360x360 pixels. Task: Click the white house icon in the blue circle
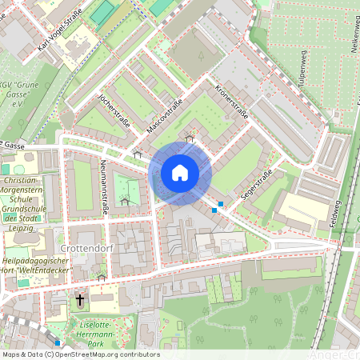pyautogui.click(x=179, y=172)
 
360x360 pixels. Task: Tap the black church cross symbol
pyautogui.click(x=79, y=300)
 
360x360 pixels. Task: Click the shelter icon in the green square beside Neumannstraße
pyautogui.click(x=124, y=202)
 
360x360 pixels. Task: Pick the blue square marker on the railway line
pyautogui.click(x=58, y=342)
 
